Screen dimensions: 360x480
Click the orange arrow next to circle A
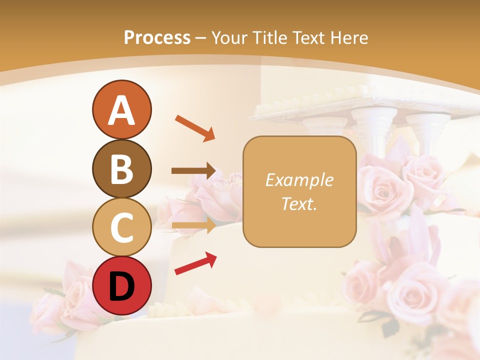click(195, 127)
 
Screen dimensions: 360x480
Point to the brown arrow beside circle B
click(194, 171)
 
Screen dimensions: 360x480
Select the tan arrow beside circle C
click(194, 225)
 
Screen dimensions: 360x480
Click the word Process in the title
click(157, 38)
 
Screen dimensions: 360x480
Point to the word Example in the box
click(299, 180)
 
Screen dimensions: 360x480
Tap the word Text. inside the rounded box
click(299, 203)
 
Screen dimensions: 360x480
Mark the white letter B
click(121, 169)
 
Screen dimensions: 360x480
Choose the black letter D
click(121, 286)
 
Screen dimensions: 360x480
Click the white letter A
click(121, 110)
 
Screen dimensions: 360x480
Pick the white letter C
click(121, 227)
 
